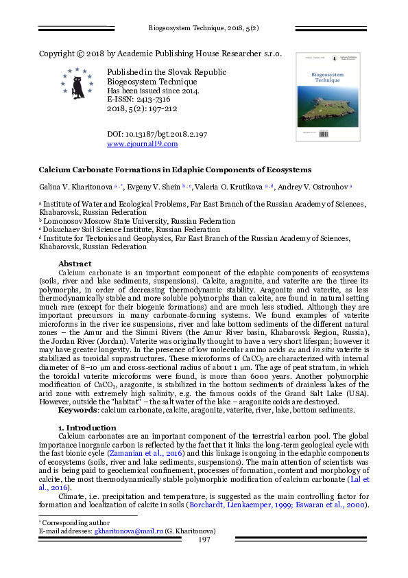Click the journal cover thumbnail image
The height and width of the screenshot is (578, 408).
click(326, 97)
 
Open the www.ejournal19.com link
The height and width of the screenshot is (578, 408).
click(143, 144)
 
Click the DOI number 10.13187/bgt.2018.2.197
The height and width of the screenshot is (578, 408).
click(158, 134)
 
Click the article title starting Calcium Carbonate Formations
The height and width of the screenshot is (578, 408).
click(175, 169)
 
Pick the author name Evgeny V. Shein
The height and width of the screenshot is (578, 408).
click(154, 186)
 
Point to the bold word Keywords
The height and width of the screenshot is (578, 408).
click(77, 410)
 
